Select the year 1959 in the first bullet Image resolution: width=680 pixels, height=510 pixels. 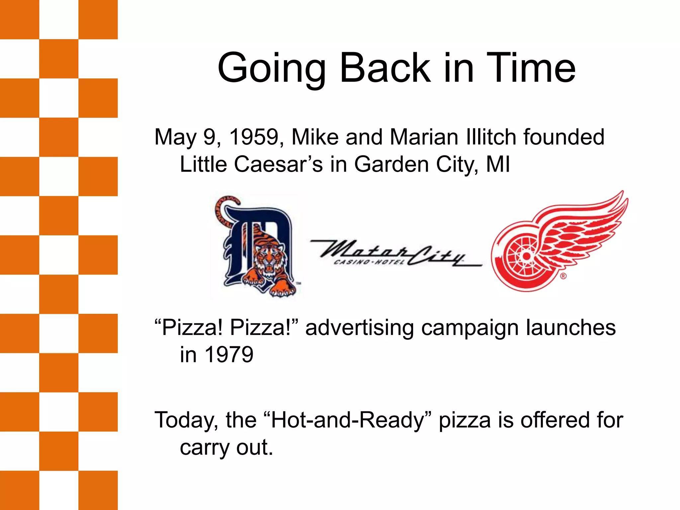tap(254, 137)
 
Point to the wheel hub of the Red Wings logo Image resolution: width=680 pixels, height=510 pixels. tap(526, 256)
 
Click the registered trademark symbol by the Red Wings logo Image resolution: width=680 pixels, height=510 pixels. tap(563, 276)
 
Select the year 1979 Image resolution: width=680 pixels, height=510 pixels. tap(229, 355)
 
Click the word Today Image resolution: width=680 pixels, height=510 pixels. tap(186, 420)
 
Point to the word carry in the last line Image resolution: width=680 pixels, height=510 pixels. tap(204, 448)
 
